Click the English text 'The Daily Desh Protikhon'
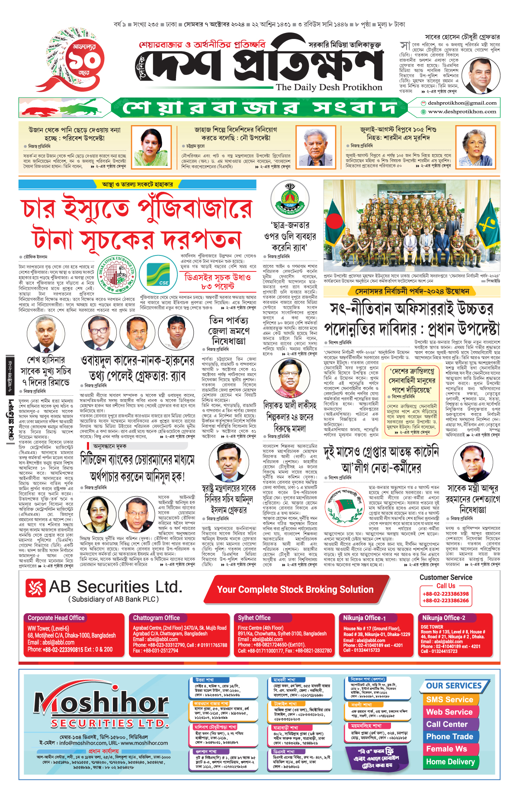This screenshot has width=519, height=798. pos(329,87)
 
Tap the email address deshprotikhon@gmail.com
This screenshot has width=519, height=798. pos(462,103)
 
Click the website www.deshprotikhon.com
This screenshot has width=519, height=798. pos(462,112)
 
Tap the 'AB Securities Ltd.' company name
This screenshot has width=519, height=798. pos(115,587)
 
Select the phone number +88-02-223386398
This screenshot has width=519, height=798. pos(445,594)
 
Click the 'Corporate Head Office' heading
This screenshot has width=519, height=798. pos(56,618)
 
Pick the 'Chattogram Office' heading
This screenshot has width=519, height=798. pos(156,618)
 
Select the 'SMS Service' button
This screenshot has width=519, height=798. pos(449,700)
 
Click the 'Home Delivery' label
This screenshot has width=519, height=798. pos(450,762)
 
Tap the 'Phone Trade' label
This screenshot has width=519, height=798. pos(449,737)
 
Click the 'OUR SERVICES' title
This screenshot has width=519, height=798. pos(454,686)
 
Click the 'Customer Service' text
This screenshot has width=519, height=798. pos(445,578)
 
